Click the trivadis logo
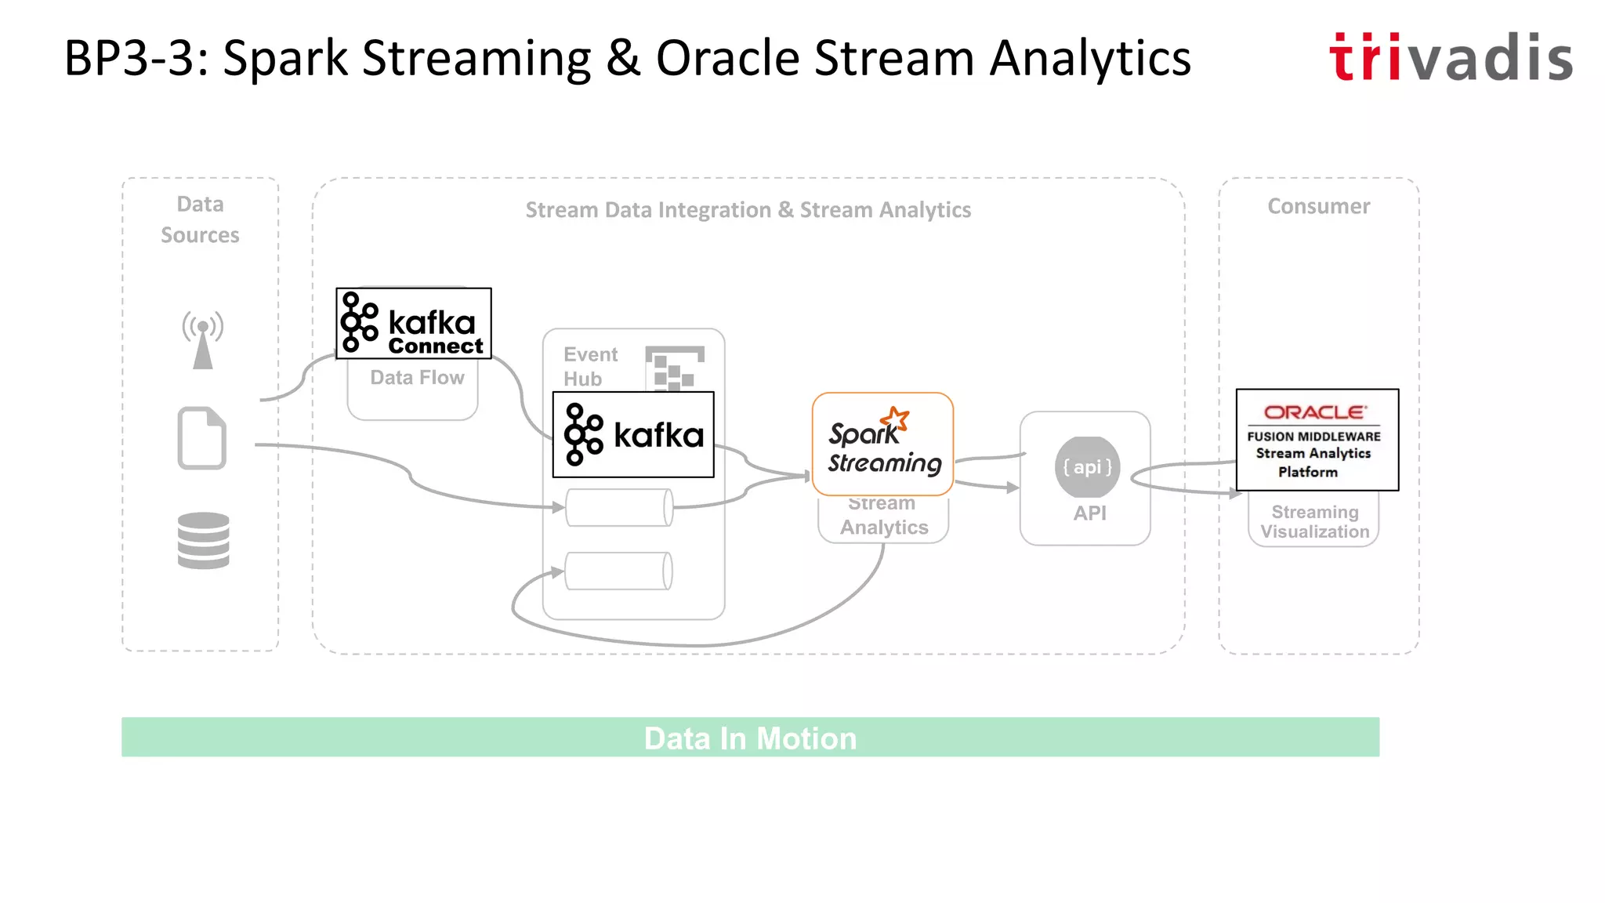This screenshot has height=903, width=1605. pos(1451,58)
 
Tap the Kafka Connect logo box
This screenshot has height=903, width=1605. pos(414,324)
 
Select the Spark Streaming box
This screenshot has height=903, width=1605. pos(883,444)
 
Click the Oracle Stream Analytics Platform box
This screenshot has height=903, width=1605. pos(1317,440)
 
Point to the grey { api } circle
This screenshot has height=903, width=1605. pos(1087,467)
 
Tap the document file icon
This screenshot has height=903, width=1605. pos(202,438)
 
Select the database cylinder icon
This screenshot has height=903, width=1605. pos(203,540)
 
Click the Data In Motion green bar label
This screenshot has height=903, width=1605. pos(750,738)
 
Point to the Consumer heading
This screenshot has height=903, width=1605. pos(1319,207)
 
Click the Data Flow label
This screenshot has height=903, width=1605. pos(417,378)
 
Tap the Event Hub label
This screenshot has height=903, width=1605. pos(589,366)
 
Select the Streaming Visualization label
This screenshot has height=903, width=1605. pos(1314,522)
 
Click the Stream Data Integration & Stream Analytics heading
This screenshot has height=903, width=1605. pos(748,210)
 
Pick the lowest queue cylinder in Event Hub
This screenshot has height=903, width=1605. pos(618,571)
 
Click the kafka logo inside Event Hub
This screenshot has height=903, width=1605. pos(633,435)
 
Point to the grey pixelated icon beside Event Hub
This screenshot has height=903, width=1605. pos(674,368)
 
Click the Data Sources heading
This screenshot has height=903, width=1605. pos(200,219)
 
